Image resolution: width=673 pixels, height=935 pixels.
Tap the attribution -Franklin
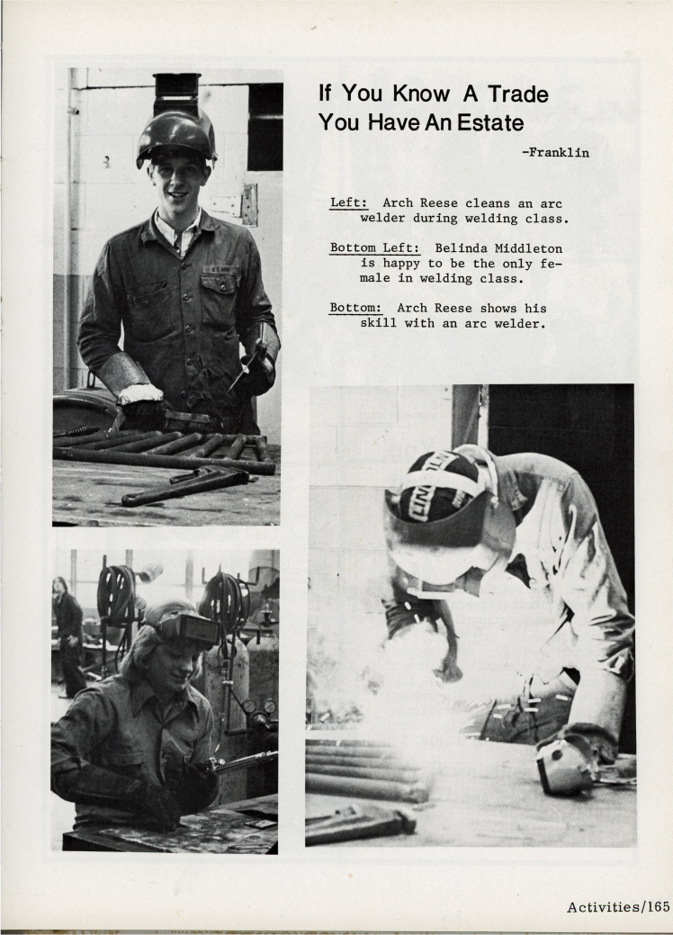point(555,152)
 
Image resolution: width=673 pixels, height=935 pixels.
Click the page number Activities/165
point(618,906)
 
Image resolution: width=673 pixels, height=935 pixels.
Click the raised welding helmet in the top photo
point(176,133)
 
